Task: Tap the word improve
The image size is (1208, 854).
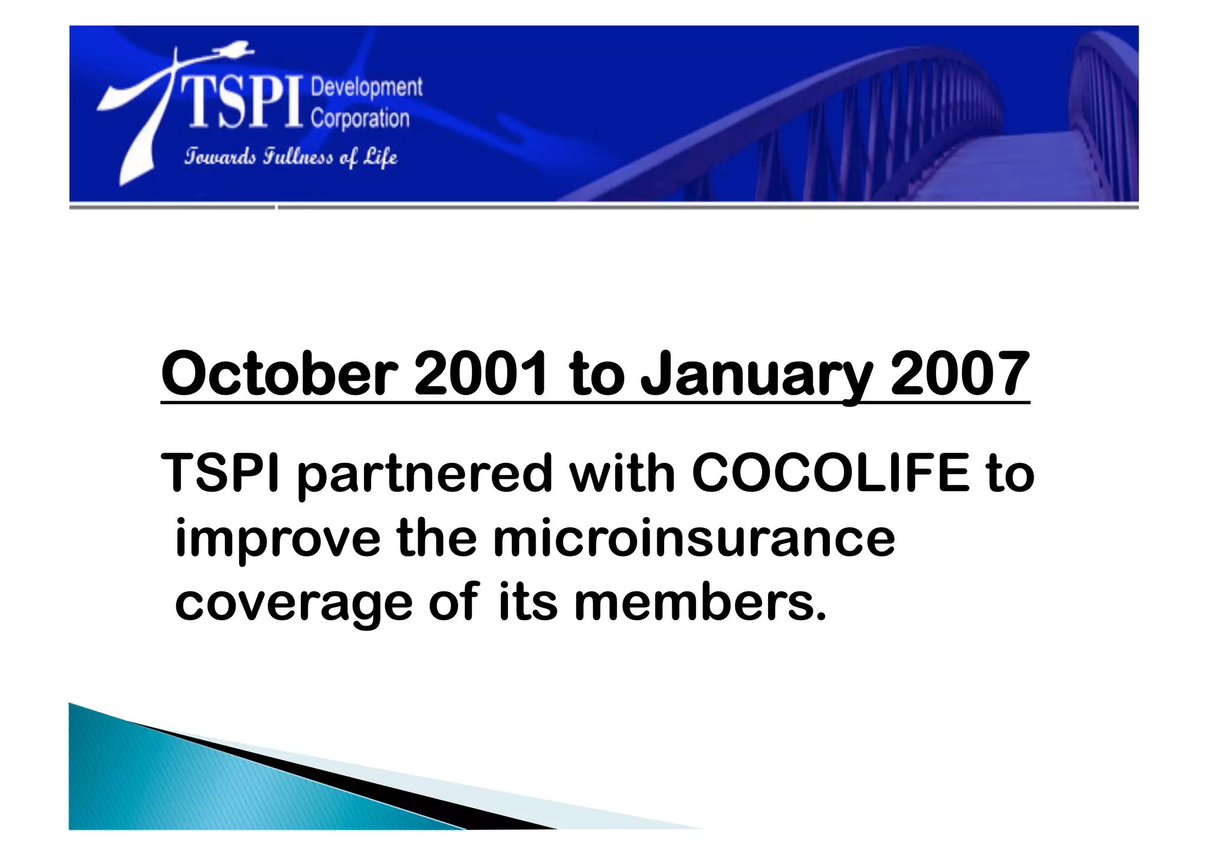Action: point(278,539)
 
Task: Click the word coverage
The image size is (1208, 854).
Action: point(294,603)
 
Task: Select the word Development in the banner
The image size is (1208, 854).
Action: point(366,87)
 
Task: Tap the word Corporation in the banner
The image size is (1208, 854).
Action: point(360,119)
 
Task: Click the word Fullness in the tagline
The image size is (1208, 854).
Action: point(298,157)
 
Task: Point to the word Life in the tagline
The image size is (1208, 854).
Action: point(380,157)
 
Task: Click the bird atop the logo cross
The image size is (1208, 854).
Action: point(236,50)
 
